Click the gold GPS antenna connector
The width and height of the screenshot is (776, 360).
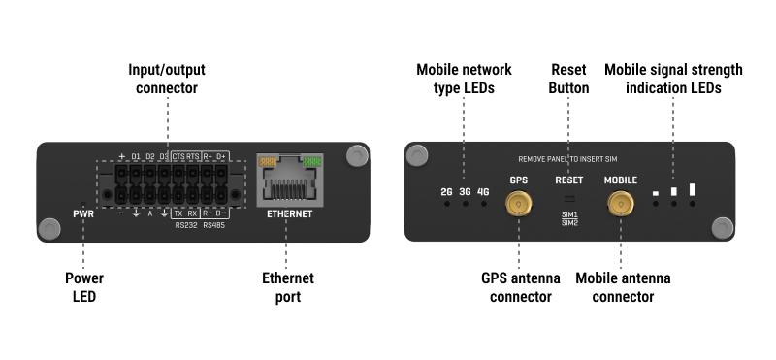pos(518,204)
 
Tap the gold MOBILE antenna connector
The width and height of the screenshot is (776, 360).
pos(621,204)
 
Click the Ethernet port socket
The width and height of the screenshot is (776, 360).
pos(289,180)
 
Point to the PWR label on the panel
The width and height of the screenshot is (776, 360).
pos(83,214)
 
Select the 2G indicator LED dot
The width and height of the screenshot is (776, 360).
pos(447,204)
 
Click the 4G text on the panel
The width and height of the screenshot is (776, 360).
pos(483,191)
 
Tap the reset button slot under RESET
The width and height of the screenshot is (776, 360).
pos(569,199)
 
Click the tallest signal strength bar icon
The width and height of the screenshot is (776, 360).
pos(693,189)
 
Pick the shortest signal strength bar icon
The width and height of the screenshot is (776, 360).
pos(656,193)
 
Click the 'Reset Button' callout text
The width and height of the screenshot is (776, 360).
pos(568,79)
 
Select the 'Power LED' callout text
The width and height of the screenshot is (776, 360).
pos(84,287)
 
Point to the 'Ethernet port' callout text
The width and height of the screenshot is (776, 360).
pos(288,287)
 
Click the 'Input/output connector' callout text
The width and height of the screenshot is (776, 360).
pos(167,79)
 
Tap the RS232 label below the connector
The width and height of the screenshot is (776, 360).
pos(185,226)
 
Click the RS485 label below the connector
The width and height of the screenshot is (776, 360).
pos(214,226)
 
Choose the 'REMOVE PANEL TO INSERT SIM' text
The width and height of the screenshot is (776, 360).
pos(567,159)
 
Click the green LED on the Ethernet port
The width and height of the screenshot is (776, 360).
pos(311,161)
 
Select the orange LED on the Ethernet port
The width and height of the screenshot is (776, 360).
pos(268,161)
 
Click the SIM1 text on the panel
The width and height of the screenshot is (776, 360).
pos(569,214)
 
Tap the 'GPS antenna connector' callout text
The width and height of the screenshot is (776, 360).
pos(521,287)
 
